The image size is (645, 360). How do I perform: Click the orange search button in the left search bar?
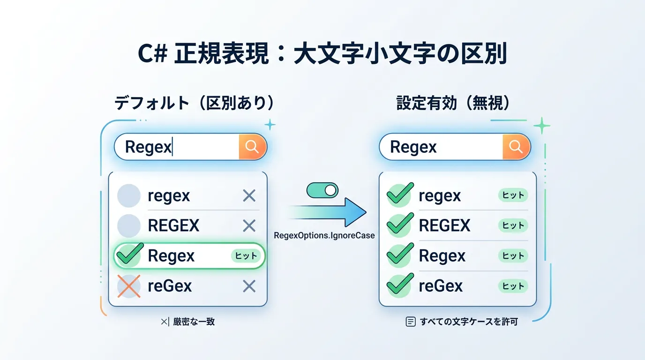252,147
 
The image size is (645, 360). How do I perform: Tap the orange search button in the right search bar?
516,147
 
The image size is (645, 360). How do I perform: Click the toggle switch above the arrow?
322,190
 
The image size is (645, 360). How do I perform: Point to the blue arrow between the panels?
328,212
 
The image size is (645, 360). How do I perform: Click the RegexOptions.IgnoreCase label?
324,235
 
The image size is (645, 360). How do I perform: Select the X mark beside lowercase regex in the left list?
249,195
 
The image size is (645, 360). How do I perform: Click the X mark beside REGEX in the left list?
249,226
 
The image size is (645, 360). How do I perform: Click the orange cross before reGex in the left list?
128,286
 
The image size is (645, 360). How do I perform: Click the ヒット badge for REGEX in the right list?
513,225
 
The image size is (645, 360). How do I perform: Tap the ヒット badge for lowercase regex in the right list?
513,195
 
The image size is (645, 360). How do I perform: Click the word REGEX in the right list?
444,226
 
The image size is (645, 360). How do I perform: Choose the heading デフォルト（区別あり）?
194,103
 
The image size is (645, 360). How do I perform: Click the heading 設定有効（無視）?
453,103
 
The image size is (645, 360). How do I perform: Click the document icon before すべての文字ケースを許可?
410,322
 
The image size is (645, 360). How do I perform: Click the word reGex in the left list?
170,286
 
